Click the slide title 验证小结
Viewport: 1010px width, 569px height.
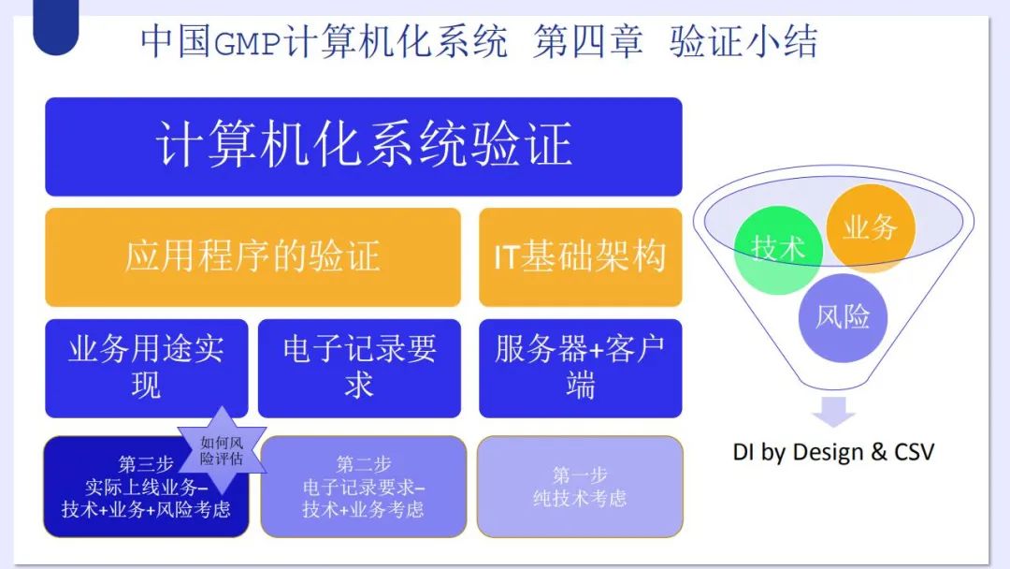point(743,42)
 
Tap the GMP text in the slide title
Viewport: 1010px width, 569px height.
point(247,44)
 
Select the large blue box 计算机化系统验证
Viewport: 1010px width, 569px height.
point(363,146)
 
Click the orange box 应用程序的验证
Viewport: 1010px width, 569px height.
point(252,257)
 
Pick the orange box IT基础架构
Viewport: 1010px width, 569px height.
point(581,257)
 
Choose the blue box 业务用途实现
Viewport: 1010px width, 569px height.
point(146,368)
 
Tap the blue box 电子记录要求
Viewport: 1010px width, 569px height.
point(359,368)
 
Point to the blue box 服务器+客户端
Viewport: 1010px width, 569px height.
point(581,368)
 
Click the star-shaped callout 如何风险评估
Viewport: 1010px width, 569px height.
point(222,450)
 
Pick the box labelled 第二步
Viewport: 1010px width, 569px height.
point(363,487)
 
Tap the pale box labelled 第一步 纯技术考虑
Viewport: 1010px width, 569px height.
point(580,487)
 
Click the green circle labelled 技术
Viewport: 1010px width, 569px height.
point(778,250)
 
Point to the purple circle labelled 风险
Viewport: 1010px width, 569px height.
point(843,317)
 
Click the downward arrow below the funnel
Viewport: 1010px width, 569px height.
point(833,412)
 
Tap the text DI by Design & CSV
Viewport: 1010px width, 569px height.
point(833,452)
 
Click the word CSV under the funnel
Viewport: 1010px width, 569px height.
point(914,452)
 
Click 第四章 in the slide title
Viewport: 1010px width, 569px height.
point(587,42)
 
